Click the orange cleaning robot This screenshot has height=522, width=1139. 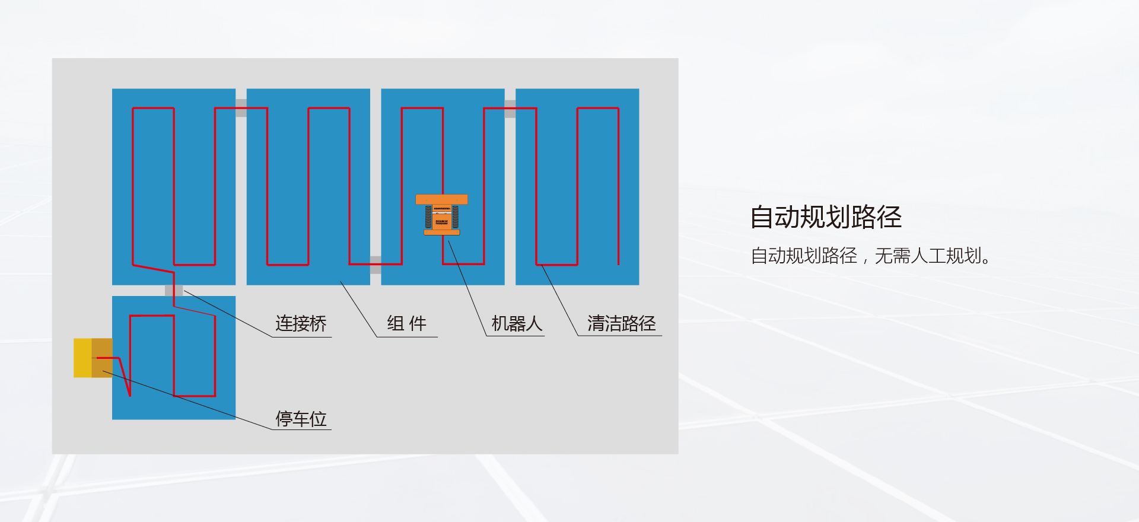tap(442, 215)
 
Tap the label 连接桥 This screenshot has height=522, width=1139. tap(301, 323)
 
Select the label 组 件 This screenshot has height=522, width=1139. tap(406, 323)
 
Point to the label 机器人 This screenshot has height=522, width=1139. tap(517, 323)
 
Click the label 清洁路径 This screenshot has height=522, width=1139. tap(621, 323)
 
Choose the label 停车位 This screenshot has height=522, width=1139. tap(301, 419)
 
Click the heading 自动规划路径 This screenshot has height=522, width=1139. tap(825, 217)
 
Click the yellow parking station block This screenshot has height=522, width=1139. tap(82, 358)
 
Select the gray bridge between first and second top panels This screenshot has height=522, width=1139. tap(241, 108)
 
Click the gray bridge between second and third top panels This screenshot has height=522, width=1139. tap(376, 265)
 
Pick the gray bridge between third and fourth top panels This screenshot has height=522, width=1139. tap(510, 109)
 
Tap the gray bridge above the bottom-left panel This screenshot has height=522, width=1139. tap(174, 291)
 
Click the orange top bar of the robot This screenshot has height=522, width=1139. tap(442, 199)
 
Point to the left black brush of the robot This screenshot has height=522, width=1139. tap(428, 217)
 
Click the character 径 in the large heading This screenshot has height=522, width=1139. tap(889, 217)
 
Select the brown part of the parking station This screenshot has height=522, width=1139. tap(102, 358)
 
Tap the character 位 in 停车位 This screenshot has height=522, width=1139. tap(319, 419)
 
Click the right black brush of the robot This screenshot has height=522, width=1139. tap(456, 217)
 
